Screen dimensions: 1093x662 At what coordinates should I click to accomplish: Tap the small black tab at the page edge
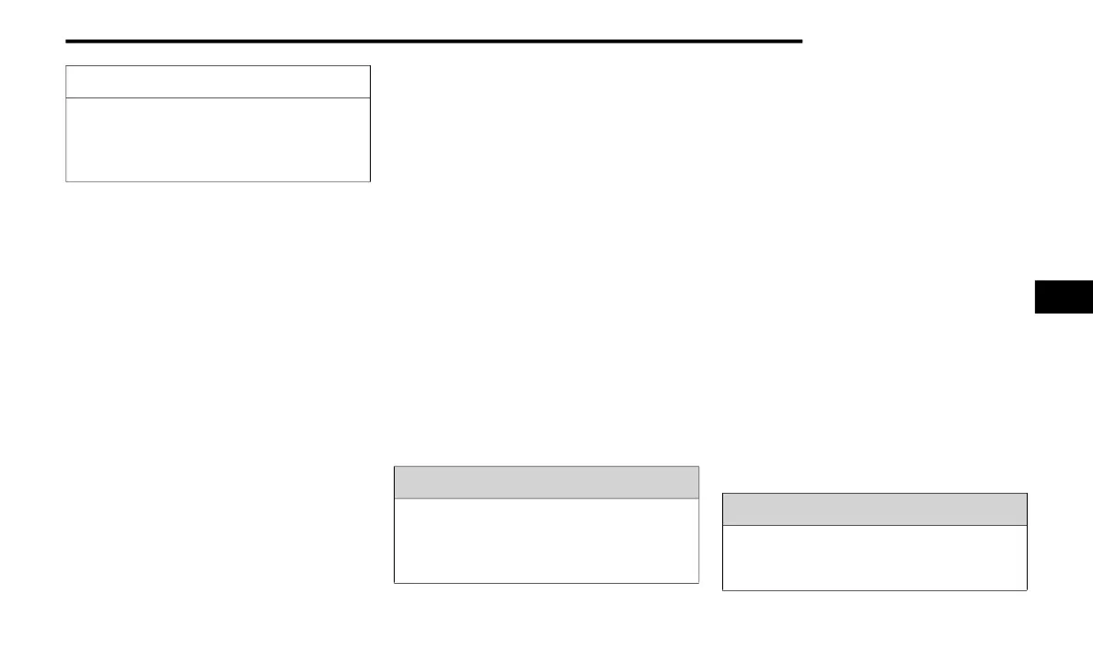pyautogui.click(x=1064, y=297)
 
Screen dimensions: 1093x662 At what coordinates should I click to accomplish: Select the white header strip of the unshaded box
pyautogui.click(x=218, y=82)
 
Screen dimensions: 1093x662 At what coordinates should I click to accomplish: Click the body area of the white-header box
pyautogui.click(x=218, y=140)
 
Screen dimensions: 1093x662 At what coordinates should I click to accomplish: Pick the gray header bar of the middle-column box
pyautogui.click(x=546, y=483)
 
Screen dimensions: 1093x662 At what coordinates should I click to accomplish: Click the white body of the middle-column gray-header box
pyautogui.click(x=546, y=541)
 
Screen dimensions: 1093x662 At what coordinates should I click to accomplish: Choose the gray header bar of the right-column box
pyautogui.click(x=874, y=509)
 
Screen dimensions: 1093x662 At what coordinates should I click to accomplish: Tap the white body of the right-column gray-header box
pyautogui.click(x=874, y=557)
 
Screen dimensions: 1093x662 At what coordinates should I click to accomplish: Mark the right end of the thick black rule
pyautogui.click(x=800, y=41)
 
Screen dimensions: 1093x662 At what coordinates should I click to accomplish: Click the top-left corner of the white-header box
pyautogui.click(x=66, y=66)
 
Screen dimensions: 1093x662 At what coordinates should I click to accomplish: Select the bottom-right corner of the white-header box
pyautogui.click(x=370, y=181)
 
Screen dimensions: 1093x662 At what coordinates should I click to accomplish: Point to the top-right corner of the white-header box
pyautogui.click(x=370, y=66)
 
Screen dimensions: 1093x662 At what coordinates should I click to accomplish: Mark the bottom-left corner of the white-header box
pyautogui.click(x=66, y=181)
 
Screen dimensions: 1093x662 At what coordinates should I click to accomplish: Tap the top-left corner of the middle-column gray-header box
pyautogui.click(x=395, y=467)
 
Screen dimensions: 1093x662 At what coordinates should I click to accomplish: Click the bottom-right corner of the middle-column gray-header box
pyautogui.click(x=698, y=582)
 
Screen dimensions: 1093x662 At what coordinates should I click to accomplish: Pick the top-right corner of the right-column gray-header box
pyautogui.click(x=1026, y=494)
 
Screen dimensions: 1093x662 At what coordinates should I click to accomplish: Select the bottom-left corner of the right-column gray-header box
pyautogui.click(x=723, y=589)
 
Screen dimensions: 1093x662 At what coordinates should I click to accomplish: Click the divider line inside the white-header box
pyautogui.click(x=218, y=97)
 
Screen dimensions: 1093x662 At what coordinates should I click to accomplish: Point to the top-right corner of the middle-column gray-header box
pyautogui.click(x=698, y=467)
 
